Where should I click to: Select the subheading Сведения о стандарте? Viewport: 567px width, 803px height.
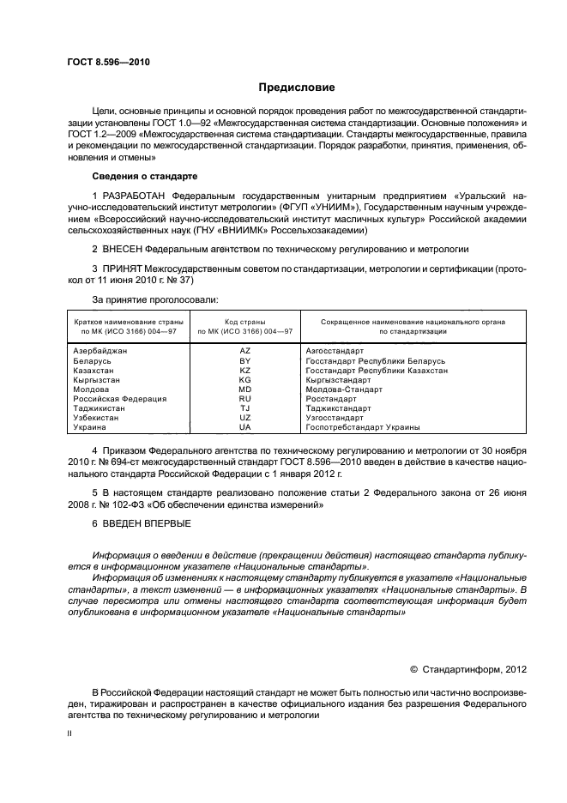(x=145, y=176)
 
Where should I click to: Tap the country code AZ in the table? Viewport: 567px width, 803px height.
(x=244, y=351)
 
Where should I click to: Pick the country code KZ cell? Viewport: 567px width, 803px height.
(x=244, y=370)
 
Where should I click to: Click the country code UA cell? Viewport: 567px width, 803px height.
(x=244, y=426)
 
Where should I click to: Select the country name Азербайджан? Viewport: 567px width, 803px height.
(x=100, y=351)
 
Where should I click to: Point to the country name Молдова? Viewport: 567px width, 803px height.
(x=92, y=389)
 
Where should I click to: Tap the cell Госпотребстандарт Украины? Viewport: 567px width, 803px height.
(x=363, y=426)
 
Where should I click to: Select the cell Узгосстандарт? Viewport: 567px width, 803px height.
(x=334, y=417)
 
